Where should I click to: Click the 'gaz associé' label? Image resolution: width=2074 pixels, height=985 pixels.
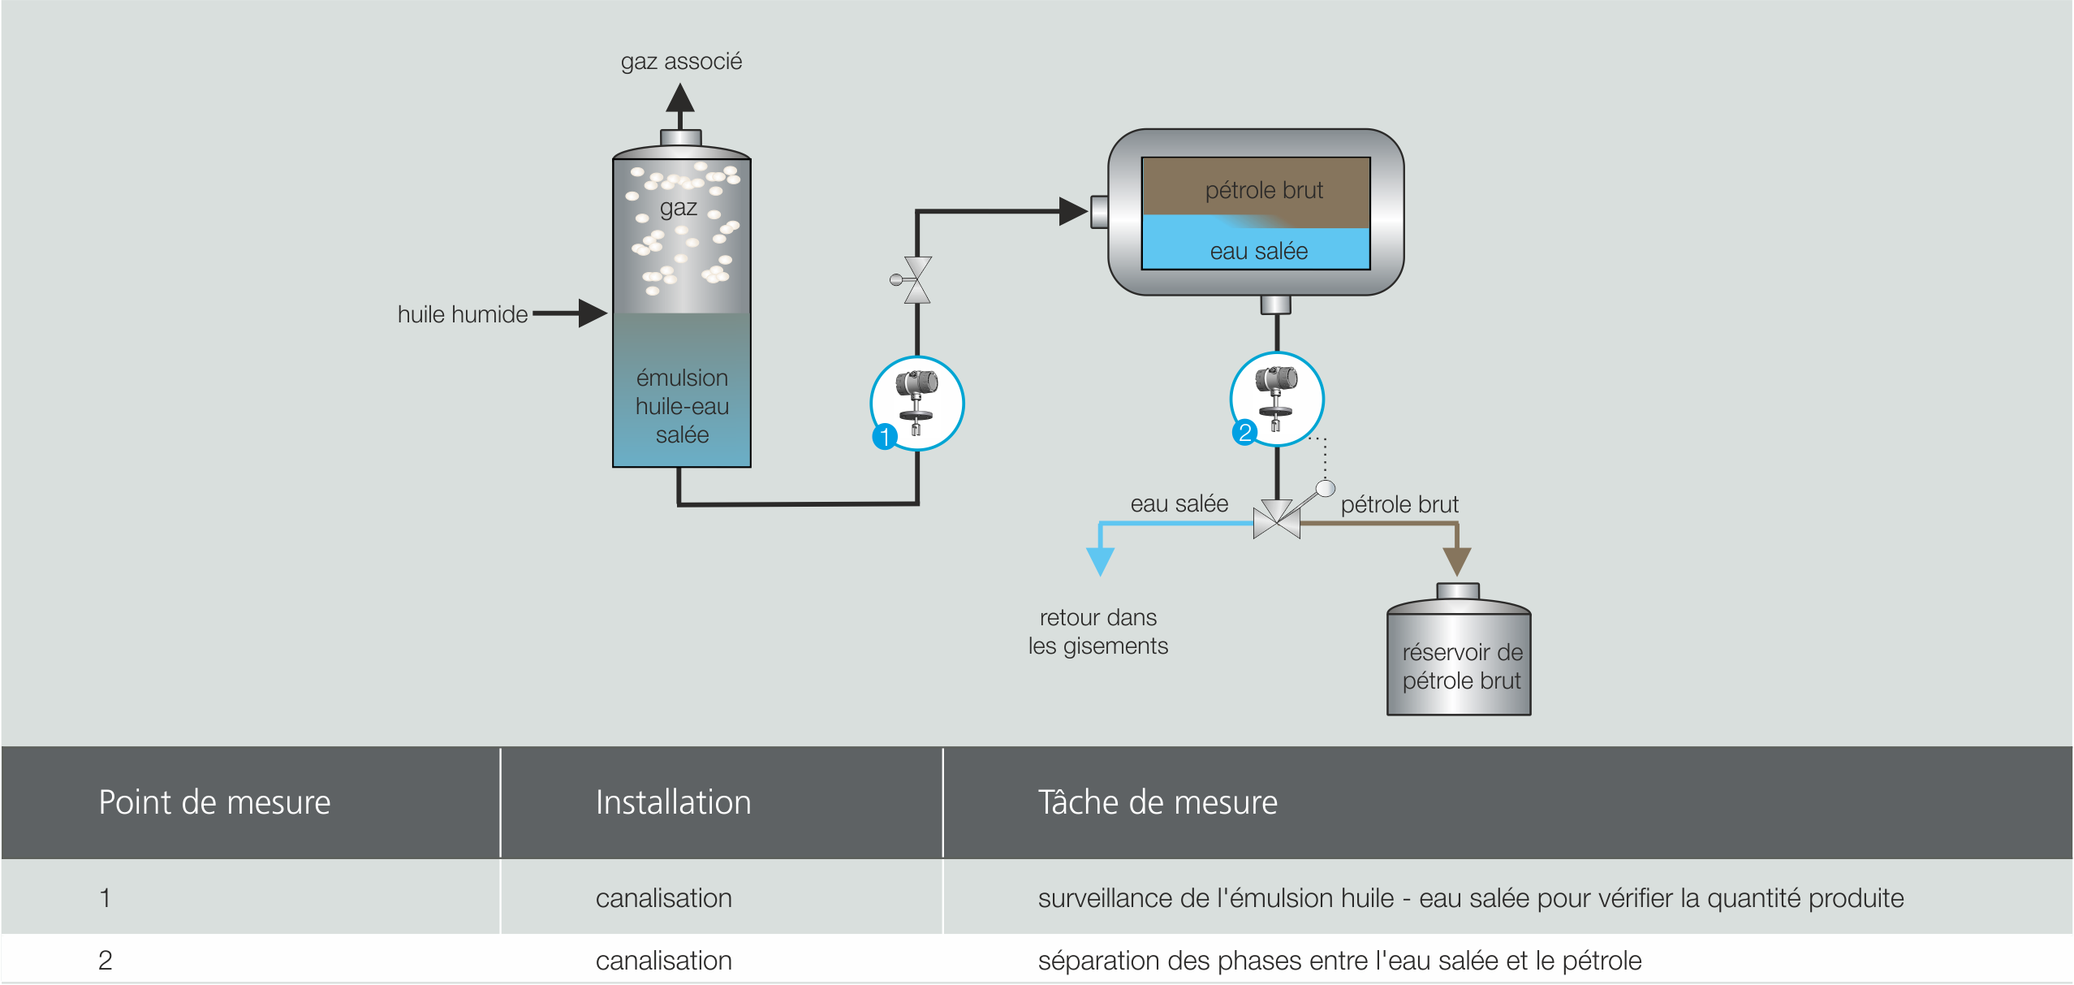681,62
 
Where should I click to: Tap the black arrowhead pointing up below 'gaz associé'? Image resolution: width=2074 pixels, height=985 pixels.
680,99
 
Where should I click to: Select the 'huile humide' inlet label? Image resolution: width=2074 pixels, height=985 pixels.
462,314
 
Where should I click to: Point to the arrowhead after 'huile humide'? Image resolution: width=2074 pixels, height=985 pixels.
593,313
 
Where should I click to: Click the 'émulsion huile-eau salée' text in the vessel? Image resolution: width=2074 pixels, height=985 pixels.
682,406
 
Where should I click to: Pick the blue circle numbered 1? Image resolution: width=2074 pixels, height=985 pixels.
884,436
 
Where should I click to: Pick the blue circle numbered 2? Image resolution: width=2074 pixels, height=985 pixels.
1244,432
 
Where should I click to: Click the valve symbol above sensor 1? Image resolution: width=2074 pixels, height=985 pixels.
916,280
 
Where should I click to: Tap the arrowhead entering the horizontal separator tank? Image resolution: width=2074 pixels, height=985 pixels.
1073,211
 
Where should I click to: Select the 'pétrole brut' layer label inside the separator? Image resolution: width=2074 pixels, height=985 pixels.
1264,191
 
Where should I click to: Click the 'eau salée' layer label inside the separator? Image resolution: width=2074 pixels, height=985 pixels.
1258,252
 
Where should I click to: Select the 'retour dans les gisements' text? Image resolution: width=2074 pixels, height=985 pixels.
1098,632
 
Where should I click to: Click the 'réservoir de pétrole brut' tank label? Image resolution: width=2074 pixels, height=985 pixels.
1462,667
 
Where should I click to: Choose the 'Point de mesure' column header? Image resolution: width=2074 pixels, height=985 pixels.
214,802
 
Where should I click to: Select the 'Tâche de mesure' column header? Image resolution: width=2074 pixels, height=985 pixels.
1158,802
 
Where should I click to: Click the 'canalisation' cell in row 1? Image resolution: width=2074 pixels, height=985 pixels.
663,898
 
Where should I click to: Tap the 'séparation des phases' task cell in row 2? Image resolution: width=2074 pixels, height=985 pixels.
1339,961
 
